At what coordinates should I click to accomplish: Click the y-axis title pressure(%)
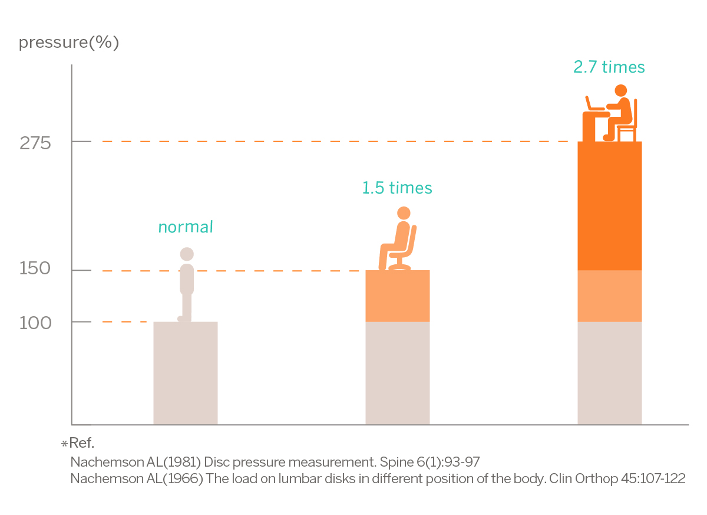click(x=69, y=43)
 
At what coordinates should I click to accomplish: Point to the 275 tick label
click(x=36, y=143)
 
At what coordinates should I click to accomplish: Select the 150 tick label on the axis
click(x=36, y=269)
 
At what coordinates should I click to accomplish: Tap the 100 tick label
click(x=36, y=323)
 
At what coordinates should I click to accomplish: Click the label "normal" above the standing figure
click(x=186, y=227)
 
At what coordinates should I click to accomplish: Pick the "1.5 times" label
click(x=397, y=188)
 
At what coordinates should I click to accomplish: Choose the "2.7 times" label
click(x=609, y=67)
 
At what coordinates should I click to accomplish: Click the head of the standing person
click(x=187, y=254)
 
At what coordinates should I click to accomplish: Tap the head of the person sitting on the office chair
click(x=404, y=213)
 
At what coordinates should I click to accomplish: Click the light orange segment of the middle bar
click(x=397, y=296)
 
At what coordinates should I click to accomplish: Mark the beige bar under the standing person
click(x=186, y=373)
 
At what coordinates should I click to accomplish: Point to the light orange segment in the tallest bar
click(x=609, y=296)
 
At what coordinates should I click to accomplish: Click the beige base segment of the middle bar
click(x=397, y=373)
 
